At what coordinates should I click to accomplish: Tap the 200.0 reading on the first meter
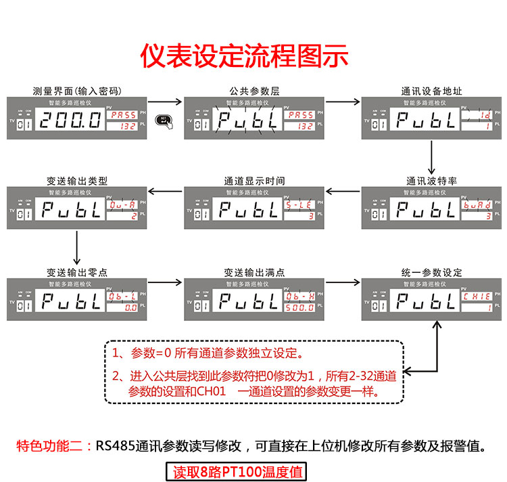pos(70,121)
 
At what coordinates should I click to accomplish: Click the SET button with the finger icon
pos(163,121)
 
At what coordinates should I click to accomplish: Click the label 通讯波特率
pos(431,181)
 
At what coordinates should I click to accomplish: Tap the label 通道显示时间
pos(254,181)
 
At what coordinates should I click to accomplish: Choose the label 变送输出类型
pos(76,181)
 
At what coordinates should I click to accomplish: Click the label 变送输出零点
pos(76,272)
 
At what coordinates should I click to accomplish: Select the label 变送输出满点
pos(254,272)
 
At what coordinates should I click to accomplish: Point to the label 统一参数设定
pos(431,272)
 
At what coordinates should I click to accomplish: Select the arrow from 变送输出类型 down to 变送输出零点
pos(76,247)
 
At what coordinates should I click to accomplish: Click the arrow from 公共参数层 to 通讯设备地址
pos(341,103)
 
